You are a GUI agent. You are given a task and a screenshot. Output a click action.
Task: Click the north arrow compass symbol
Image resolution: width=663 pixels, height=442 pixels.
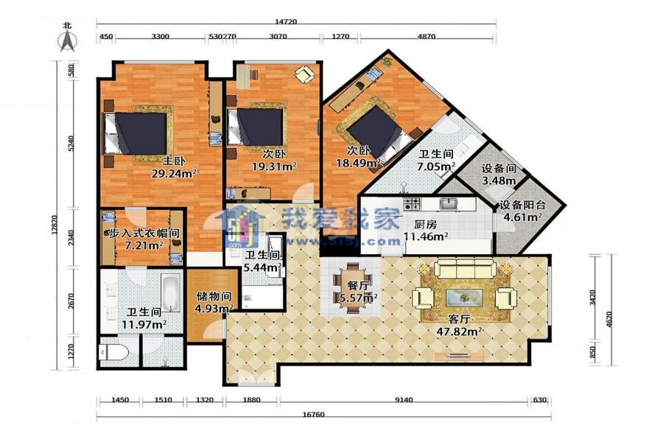pyautogui.click(x=67, y=41)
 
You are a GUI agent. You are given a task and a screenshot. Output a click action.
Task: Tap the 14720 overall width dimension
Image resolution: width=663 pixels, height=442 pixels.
pyautogui.click(x=286, y=21)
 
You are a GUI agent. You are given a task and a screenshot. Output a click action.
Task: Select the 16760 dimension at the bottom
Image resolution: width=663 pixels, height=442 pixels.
pyautogui.click(x=313, y=414)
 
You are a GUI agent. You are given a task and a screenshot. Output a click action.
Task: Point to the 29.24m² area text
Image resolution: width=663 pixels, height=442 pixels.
pyautogui.click(x=174, y=172)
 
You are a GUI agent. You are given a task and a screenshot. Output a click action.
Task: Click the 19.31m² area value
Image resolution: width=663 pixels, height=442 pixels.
pyautogui.click(x=274, y=166)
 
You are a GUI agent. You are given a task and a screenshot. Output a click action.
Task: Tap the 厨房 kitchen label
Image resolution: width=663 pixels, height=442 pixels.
pyautogui.click(x=427, y=225)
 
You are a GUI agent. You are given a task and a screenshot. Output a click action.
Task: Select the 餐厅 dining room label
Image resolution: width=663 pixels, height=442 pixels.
pyautogui.click(x=358, y=286)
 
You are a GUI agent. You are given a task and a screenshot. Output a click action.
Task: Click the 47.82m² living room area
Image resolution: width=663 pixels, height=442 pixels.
pyautogui.click(x=460, y=331)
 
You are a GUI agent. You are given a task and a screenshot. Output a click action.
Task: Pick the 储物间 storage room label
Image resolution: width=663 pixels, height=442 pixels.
pyautogui.click(x=214, y=296)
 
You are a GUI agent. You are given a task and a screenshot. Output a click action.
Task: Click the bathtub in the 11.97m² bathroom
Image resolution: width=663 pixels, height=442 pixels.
pyautogui.click(x=171, y=292)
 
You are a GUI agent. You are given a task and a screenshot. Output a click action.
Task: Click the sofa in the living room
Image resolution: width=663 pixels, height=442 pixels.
pyautogui.click(x=466, y=268)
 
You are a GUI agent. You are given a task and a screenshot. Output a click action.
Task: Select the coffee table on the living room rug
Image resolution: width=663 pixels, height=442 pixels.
pyautogui.click(x=465, y=297)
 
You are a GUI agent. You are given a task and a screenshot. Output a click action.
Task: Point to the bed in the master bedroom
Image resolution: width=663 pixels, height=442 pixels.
pyautogui.click(x=136, y=133)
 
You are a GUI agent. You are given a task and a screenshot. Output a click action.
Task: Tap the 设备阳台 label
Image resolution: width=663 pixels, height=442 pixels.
pyautogui.click(x=522, y=205)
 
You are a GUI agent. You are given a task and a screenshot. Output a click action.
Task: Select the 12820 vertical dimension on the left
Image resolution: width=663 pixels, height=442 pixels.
pyautogui.click(x=55, y=238)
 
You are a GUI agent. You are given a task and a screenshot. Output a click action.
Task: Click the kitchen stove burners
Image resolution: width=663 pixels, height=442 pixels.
pyautogui.click(x=413, y=204)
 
